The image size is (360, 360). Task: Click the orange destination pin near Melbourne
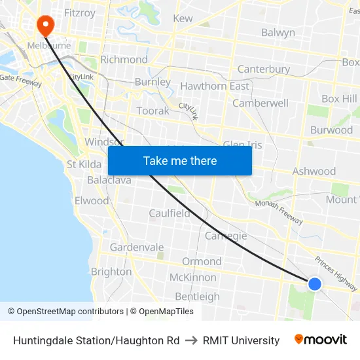[45, 26]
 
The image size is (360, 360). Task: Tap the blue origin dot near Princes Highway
[315, 283]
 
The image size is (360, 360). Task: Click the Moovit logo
[321, 340]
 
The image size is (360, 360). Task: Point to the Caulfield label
[170, 213]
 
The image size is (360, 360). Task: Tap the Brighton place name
[111, 272]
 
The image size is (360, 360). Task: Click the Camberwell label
[261, 103]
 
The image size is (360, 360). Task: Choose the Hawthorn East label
[214, 86]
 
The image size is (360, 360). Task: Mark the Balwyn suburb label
[278, 32]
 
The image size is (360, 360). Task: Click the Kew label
[183, 18]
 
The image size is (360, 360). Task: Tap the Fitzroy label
[80, 12]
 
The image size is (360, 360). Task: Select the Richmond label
[124, 60]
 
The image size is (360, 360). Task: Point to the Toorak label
[153, 111]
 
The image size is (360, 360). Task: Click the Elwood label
[92, 201]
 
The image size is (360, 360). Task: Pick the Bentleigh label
[197, 297]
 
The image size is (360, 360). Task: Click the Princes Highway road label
[336, 273]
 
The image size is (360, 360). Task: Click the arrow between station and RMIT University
[191, 340]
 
